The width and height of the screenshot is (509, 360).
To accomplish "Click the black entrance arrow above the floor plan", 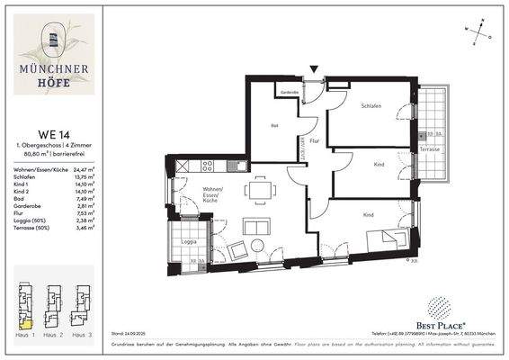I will point(314,69).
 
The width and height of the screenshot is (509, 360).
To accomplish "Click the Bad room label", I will point(274,126).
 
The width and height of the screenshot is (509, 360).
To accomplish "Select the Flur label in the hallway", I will point(314,141).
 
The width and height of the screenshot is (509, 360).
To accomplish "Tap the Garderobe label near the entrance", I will point(290,93).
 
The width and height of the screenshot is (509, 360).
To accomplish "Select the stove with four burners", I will point(209,166).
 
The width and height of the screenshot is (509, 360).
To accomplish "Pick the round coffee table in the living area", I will point(259,246).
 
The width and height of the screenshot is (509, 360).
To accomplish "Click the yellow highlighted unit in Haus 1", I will point(26,322).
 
